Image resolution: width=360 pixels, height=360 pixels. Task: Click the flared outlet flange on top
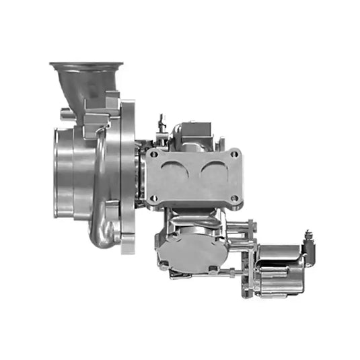(86, 66)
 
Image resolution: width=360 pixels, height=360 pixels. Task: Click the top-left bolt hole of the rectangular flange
(155, 154)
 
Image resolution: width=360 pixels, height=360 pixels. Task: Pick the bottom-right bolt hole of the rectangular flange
(234, 199)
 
